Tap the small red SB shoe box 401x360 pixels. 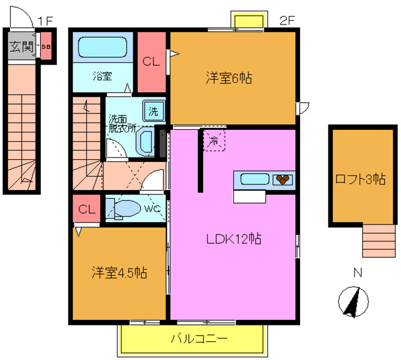(x=46, y=46)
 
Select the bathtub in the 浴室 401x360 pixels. (x=103, y=48)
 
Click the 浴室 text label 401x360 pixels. (x=103, y=76)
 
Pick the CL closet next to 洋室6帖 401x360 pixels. (x=151, y=61)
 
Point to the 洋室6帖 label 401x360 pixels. (x=229, y=78)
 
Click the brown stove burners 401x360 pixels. (x=283, y=179)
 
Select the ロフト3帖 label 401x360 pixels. (x=360, y=179)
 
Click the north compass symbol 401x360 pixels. (x=352, y=302)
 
